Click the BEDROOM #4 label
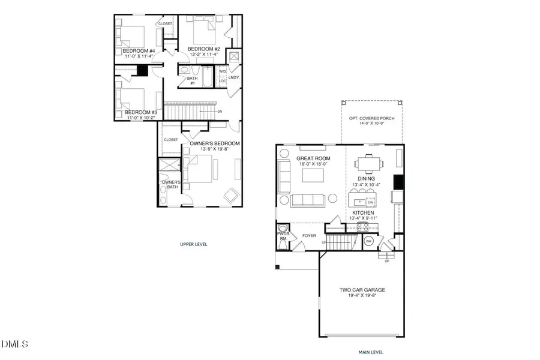tap(139, 51)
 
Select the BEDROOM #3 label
tap(141, 112)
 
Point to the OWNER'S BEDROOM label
tap(215, 143)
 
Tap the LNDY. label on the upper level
tap(233, 77)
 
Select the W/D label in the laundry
tap(222, 71)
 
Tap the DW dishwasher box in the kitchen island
tap(370, 202)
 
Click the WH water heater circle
tap(369, 241)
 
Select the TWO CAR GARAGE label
tap(362, 290)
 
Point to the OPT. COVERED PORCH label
tap(371, 118)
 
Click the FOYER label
tap(309, 236)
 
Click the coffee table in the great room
tap(311, 175)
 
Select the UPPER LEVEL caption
tap(194, 244)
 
